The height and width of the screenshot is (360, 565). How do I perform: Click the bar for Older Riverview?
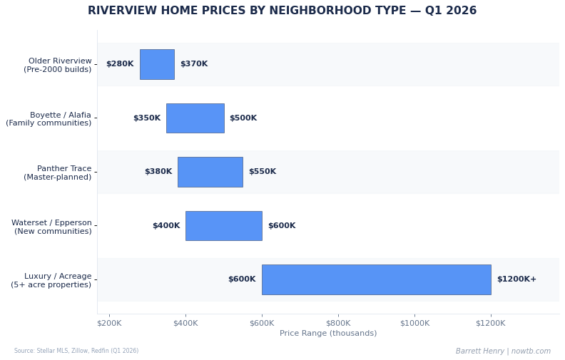pyautogui.click(x=157, y=64)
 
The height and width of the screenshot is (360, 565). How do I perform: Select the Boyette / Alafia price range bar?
pyautogui.click(x=195, y=118)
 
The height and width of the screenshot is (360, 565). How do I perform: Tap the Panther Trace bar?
pyautogui.click(x=210, y=172)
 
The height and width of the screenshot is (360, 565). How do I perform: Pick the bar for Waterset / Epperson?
pyautogui.click(x=223, y=226)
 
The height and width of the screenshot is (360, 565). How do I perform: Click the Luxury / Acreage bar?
pyautogui.click(x=376, y=279)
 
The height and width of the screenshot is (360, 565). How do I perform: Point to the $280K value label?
pyautogui.click(x=120, y=64)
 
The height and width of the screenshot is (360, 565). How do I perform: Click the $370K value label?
pyautogui.click(x=194, y=64)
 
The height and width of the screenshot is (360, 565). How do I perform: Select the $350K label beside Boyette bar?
pyautogui.click(x=147, y=118)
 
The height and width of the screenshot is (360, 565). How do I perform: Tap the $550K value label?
pyautogui.click(x=263, y=172)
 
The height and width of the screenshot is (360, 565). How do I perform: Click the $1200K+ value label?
pyautogui.click(x=516, y=279)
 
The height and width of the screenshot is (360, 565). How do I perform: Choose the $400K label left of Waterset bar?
pyautogui.click(x=166, y=226)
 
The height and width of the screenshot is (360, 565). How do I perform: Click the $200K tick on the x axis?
pyautogui.click(x=109, y=323)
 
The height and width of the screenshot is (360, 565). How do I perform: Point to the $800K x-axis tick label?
pyautogui.click(x=338, y=323)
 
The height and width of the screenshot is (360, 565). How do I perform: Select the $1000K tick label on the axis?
pyautogui.click(x=414, y=323)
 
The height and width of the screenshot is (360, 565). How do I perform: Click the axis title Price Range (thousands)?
pyautogui.click(x=328, y=334)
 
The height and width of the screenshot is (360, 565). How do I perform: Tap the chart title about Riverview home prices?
pyautogui.click(x=282, y=11)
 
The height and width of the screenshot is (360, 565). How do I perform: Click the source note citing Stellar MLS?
pyautogui.click(x=76, y=351)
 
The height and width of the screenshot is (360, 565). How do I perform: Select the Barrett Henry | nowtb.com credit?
pyautogui.click(x=503, y=351)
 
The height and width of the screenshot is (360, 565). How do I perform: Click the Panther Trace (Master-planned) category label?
pyautogui.click(x=58, y=173)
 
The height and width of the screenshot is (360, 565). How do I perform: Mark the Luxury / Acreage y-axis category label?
pyautogui.click(x=51, y=280)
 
